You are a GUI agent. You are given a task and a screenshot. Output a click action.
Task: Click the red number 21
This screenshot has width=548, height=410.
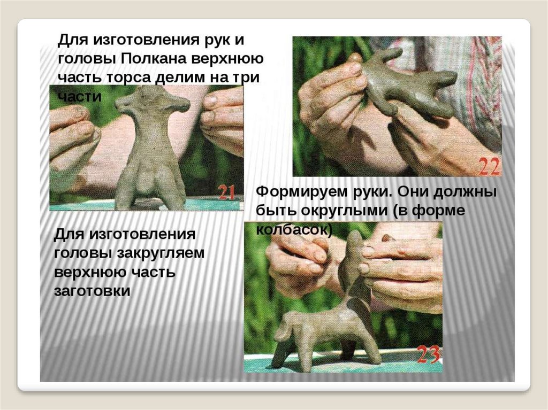226,192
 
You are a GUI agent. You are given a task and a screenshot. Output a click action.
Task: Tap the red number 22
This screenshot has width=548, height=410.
489,167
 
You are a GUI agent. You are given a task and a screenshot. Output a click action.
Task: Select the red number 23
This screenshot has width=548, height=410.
429,354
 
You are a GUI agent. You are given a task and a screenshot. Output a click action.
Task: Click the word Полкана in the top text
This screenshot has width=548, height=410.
151,59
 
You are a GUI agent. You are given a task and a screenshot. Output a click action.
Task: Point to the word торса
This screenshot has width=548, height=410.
127,78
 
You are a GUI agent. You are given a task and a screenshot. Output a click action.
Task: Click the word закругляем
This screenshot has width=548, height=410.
161,253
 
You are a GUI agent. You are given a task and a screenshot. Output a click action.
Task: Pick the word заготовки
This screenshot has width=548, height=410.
92,291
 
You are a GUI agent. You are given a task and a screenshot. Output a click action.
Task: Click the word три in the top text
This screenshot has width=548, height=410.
247,77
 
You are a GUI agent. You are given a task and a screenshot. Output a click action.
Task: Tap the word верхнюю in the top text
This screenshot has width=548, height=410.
227,59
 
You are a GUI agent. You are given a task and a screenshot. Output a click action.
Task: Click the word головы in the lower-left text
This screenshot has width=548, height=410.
83,253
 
